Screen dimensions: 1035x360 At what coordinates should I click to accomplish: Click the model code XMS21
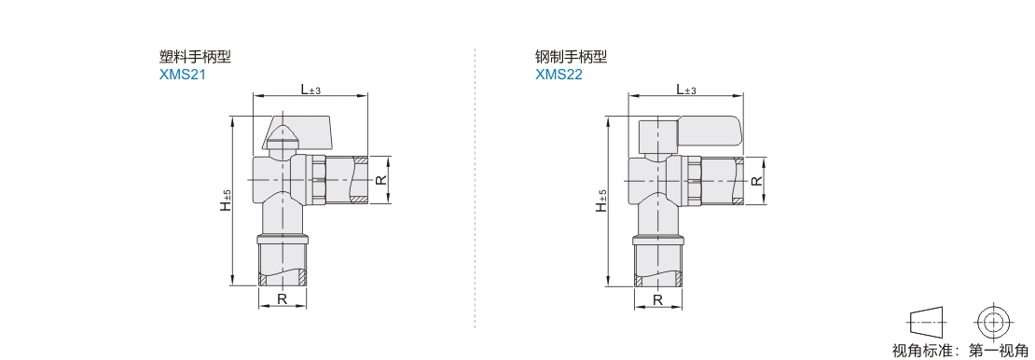[x=183, y=75]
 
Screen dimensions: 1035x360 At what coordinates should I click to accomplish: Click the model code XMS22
[x=559, y=75]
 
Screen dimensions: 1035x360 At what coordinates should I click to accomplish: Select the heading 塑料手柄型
[x=196, y=57]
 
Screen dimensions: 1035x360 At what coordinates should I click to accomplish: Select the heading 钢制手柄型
[x=571, y=57]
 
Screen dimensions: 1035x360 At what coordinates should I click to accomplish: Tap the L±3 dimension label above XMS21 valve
[x=310, y=90]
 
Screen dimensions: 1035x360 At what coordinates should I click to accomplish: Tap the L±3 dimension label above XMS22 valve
[x=686, y=90]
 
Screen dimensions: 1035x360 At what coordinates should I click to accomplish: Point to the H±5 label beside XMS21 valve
[x=226, y=201]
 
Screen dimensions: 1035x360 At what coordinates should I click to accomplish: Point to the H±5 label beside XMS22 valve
[x=601, y=201]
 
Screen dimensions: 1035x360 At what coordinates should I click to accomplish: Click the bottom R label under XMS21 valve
[x=282, y=298]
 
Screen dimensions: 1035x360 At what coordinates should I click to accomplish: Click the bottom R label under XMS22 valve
[x=658, y=298]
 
